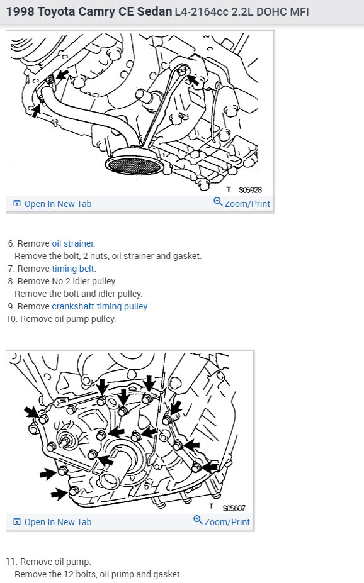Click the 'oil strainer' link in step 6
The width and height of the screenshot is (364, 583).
coord(73,243)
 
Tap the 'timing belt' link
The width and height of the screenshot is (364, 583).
coord(73,269)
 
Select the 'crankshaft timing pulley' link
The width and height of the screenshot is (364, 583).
coord(100,306)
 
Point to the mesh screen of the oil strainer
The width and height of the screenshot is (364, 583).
coord(134,165)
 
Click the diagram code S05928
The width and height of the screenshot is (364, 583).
coord(251,190)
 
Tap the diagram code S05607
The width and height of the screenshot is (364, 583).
coord(234,508)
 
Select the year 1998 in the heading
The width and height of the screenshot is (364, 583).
coord(20,11)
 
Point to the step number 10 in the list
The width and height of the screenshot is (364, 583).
coord(11,319)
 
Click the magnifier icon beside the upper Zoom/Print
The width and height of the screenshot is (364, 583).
coord(218,202)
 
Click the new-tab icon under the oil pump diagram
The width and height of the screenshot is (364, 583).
coord(17,521)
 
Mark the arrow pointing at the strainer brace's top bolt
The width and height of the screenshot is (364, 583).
coord(193,80)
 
